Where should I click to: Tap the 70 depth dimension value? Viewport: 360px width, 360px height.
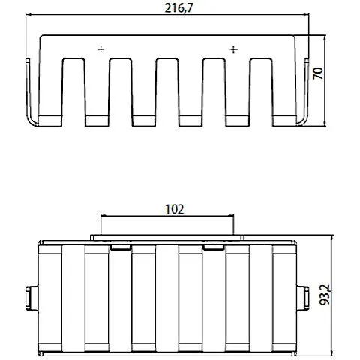click(318, 73)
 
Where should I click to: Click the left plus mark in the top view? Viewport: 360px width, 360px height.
click(100, 49)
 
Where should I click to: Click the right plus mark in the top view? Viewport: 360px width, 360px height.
click(233, 49)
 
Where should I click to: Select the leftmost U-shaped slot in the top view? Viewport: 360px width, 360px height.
click(74, 86)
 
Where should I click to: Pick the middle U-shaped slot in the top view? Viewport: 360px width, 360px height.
click(167, 86)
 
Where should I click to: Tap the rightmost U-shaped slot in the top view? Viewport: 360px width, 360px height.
click(260, 86)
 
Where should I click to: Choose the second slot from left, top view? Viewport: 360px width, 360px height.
click(121, 86)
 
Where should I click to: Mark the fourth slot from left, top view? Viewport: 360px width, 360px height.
click(214, 86)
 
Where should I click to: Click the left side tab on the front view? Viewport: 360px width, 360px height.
click(30, 297)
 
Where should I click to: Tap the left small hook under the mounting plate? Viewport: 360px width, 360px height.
click(120, 245)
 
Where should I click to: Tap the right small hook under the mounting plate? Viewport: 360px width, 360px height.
click(214, 245)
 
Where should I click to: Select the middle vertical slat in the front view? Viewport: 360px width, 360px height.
click(167, 297)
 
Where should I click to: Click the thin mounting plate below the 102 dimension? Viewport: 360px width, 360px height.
click(167, 237)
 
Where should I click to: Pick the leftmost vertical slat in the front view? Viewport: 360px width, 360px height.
click(74, 297)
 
